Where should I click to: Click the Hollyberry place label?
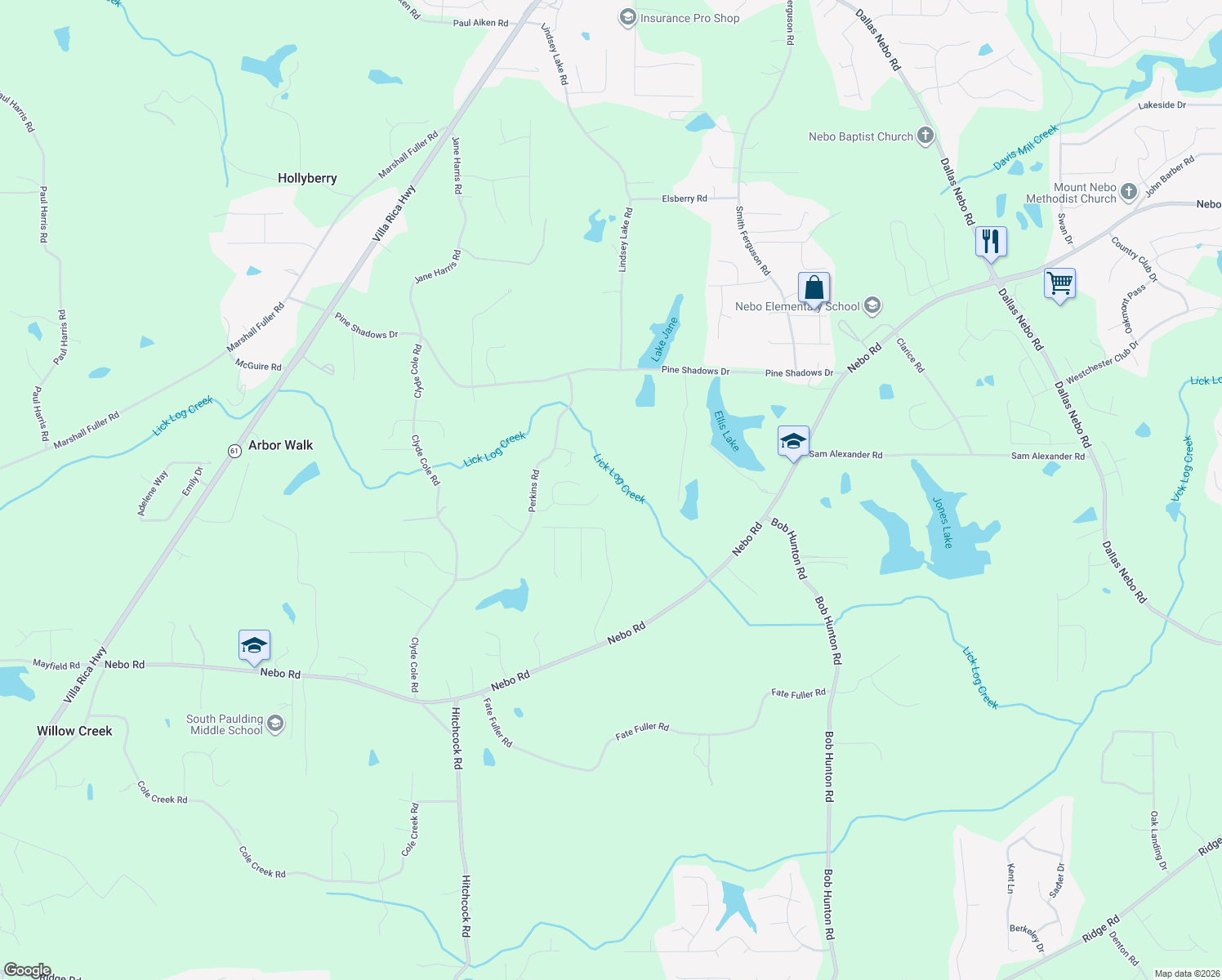point(307,178)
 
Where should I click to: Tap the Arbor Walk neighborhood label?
point(280,445)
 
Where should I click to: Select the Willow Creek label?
point(74,731)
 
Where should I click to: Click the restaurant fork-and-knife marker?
point(990,242)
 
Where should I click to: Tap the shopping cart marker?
point(1059,284)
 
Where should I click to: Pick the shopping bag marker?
point(814,288)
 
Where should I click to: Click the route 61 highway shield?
point(234,451)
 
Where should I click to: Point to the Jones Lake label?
point(943,523)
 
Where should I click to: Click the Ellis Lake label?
point(726,430)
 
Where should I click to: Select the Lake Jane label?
point(665,340)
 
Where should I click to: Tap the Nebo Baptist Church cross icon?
point(925,136)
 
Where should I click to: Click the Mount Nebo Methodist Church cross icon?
point(1128,192)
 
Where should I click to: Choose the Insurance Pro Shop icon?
point(627,18)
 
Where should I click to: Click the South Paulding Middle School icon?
point(275,724)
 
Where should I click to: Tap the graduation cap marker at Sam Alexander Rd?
point(793,442)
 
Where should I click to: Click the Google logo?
point(28,970)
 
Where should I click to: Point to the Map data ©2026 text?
point(1184,973)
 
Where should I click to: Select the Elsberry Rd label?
point(685,198)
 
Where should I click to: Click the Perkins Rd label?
point(533,491)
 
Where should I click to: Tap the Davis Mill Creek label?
point(1025,148)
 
